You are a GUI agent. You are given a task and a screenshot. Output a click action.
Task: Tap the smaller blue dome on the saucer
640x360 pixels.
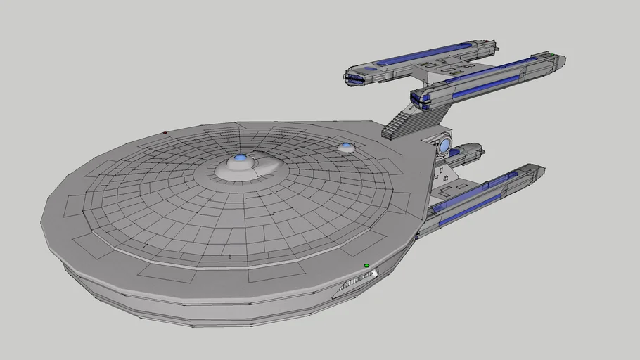(346, 147)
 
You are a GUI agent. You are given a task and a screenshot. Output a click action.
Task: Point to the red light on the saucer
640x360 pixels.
(165, 132)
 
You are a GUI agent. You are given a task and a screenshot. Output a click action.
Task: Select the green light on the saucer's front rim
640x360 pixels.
(366, 266)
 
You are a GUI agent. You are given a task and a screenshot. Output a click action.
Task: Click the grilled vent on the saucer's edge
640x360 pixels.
(358, 281)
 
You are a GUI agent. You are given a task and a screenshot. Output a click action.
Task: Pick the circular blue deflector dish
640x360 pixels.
(445, 146)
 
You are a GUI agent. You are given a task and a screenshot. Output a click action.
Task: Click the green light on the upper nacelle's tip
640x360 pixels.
(554, 55)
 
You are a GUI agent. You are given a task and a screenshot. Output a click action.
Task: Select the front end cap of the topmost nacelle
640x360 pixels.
(355, 77)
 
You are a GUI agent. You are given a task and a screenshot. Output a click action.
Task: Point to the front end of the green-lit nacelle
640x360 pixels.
(421, 99)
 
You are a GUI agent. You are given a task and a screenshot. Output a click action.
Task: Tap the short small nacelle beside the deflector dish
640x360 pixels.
(467, 150)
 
